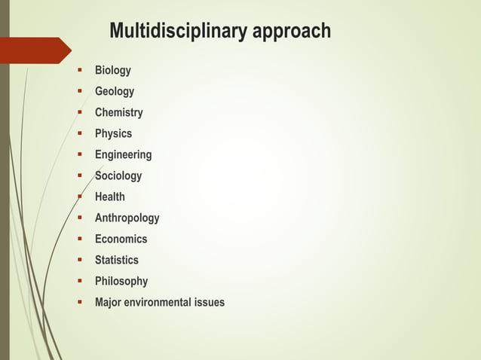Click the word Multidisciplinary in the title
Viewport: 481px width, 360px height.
coord(179,32)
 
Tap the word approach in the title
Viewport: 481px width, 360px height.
coord(291,32)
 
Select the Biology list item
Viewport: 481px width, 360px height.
coord(112,70)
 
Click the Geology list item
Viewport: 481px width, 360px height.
coord(114,91)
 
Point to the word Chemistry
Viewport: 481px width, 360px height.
coord(118,112)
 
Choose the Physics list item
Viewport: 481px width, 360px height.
coord(113,133)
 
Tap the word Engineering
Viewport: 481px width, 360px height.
coord(123,154)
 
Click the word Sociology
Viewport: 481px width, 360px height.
coord(118,175)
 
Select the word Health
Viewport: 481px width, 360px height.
coord(109,197)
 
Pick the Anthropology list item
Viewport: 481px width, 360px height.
coord(127,218)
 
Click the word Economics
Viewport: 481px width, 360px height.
coord(121,239)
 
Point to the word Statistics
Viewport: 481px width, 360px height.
coord(116,260)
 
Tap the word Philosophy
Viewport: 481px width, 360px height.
coord(121,281)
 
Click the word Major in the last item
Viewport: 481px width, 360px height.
coord(109,302)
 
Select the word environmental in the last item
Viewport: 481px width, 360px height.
coord(160,302)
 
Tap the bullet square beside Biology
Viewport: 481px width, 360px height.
coord(78,70)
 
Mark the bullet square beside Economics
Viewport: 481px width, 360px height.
coord(78,239)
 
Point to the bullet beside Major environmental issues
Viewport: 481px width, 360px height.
coord(78,302)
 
